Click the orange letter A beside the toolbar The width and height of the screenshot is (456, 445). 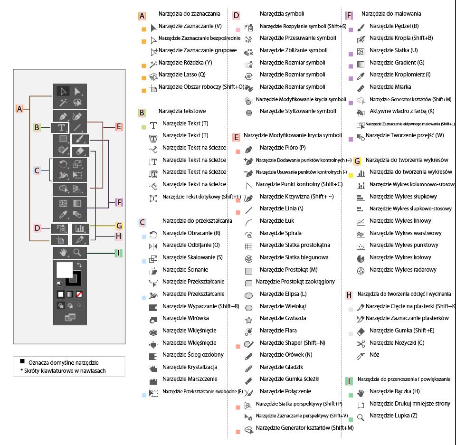coord(19,109)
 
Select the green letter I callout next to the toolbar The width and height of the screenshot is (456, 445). coord(118,253)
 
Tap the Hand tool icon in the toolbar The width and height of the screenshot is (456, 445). coord(63,253)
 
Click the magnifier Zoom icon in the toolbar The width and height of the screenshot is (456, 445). coord(77,253)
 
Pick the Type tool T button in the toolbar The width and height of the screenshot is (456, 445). coord(61,127)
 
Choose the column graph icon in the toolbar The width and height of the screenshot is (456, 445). coord(80,228)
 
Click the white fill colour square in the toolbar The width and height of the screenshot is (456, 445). coord(64,270)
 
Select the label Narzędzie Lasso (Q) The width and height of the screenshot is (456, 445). coord(182,75)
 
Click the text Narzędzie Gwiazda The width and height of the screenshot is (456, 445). coord(283,318)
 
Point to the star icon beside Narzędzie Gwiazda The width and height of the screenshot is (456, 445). coord(248,320)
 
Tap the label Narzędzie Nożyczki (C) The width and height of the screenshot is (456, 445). coord(397,343)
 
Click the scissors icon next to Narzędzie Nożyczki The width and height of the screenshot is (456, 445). coord(361,344)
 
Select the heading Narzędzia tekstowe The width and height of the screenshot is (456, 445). coord(182,111)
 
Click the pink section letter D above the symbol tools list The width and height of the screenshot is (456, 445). coord(236,16)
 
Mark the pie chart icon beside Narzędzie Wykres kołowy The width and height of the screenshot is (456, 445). coord(361,258)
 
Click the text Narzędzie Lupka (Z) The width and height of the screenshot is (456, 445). coord(393,416)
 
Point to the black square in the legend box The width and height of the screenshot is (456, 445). coord(22,361)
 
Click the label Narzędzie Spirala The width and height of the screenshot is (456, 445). coord(281,233)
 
